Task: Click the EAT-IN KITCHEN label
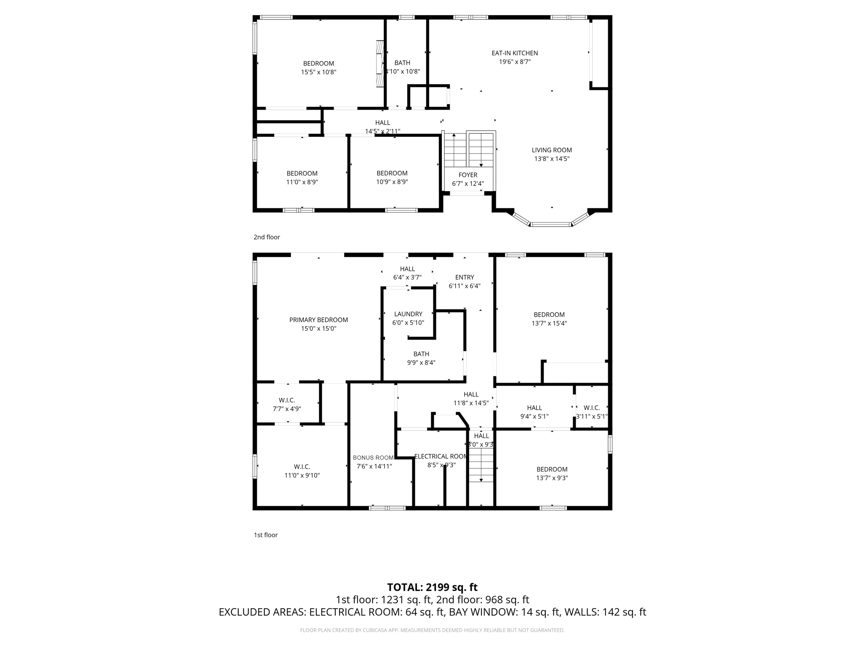(x=514, y=53)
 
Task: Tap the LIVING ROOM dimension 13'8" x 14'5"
(x=552, y=159)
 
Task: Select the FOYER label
(x=468, y=175)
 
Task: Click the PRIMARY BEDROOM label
(x=318, y=320)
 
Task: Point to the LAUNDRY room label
(x=408, y=314)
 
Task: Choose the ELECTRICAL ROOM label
(x=441, y=456)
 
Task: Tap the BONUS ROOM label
(x=373, y=458)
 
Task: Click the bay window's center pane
(x=551, y=224)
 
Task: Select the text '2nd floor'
(x=267, y=237)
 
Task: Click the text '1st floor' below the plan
(x=265, y=535)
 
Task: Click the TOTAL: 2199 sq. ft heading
(x=432, y=587)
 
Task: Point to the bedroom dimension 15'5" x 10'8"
(x=318, y=72)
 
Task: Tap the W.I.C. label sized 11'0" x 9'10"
(x=302, y=467)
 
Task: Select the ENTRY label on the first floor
(x=465, y=277)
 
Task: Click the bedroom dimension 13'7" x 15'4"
(x=549, y=324)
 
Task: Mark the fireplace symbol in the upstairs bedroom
(x=380, y=64)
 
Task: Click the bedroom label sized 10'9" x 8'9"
(x=392, y=173)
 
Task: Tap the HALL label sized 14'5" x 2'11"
(x=383, y=123)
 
